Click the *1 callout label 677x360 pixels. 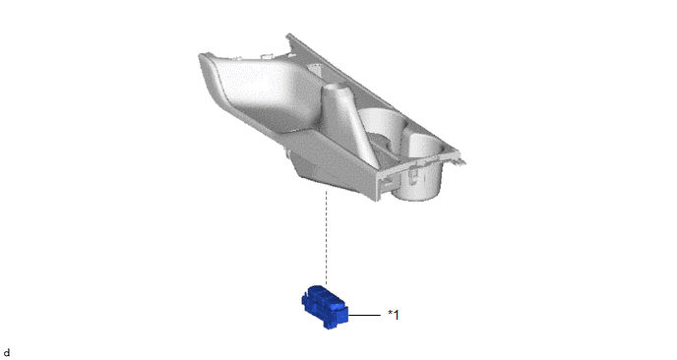394,315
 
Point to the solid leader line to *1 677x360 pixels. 364,315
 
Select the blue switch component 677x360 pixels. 325,307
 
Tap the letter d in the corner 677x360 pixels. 7,353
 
